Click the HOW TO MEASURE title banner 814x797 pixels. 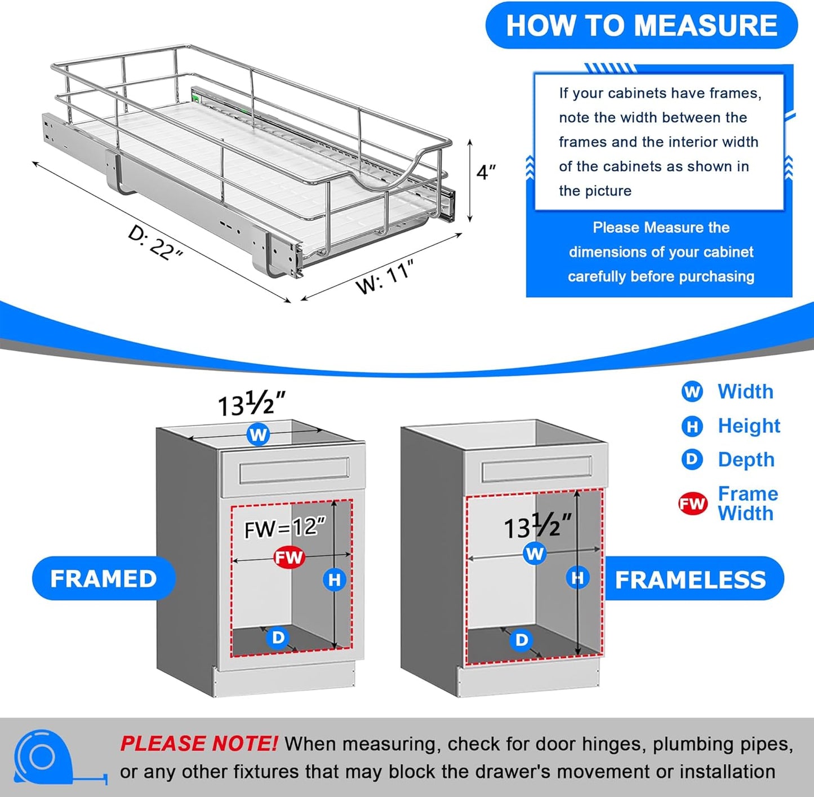(641, 26)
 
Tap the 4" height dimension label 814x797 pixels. (486, 172)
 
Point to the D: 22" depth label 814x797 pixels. (154, 242)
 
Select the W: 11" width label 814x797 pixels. (385, 277)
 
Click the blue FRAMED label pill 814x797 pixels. (104, 579)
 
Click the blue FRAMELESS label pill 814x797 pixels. (690, 579)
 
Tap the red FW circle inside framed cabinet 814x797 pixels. (289, 557)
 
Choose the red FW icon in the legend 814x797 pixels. (692, 503)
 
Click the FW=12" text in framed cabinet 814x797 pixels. (284, 528)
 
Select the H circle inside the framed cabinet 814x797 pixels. (335, 579)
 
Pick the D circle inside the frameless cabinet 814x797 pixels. (522, 640)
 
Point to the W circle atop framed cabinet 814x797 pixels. (258, 435)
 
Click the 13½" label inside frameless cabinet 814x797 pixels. (536, 528)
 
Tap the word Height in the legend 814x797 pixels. (749, 426)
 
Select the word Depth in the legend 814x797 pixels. (746, 459)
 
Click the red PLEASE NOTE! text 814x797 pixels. (198, 743)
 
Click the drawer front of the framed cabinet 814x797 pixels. (294, 471)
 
